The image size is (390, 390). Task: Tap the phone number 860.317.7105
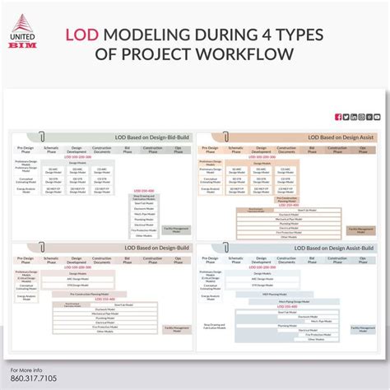pyautogui.click(x=29, y=379)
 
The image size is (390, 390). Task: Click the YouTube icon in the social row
pyautogui.click(x=377, y=117)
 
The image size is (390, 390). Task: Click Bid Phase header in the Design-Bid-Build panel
pyautogui.click(x=127, y=151)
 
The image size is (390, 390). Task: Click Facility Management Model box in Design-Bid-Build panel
pyautogui.click(x=178, y=229)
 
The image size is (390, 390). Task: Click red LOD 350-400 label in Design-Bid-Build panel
pyautogui.click(x=143, y=190)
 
